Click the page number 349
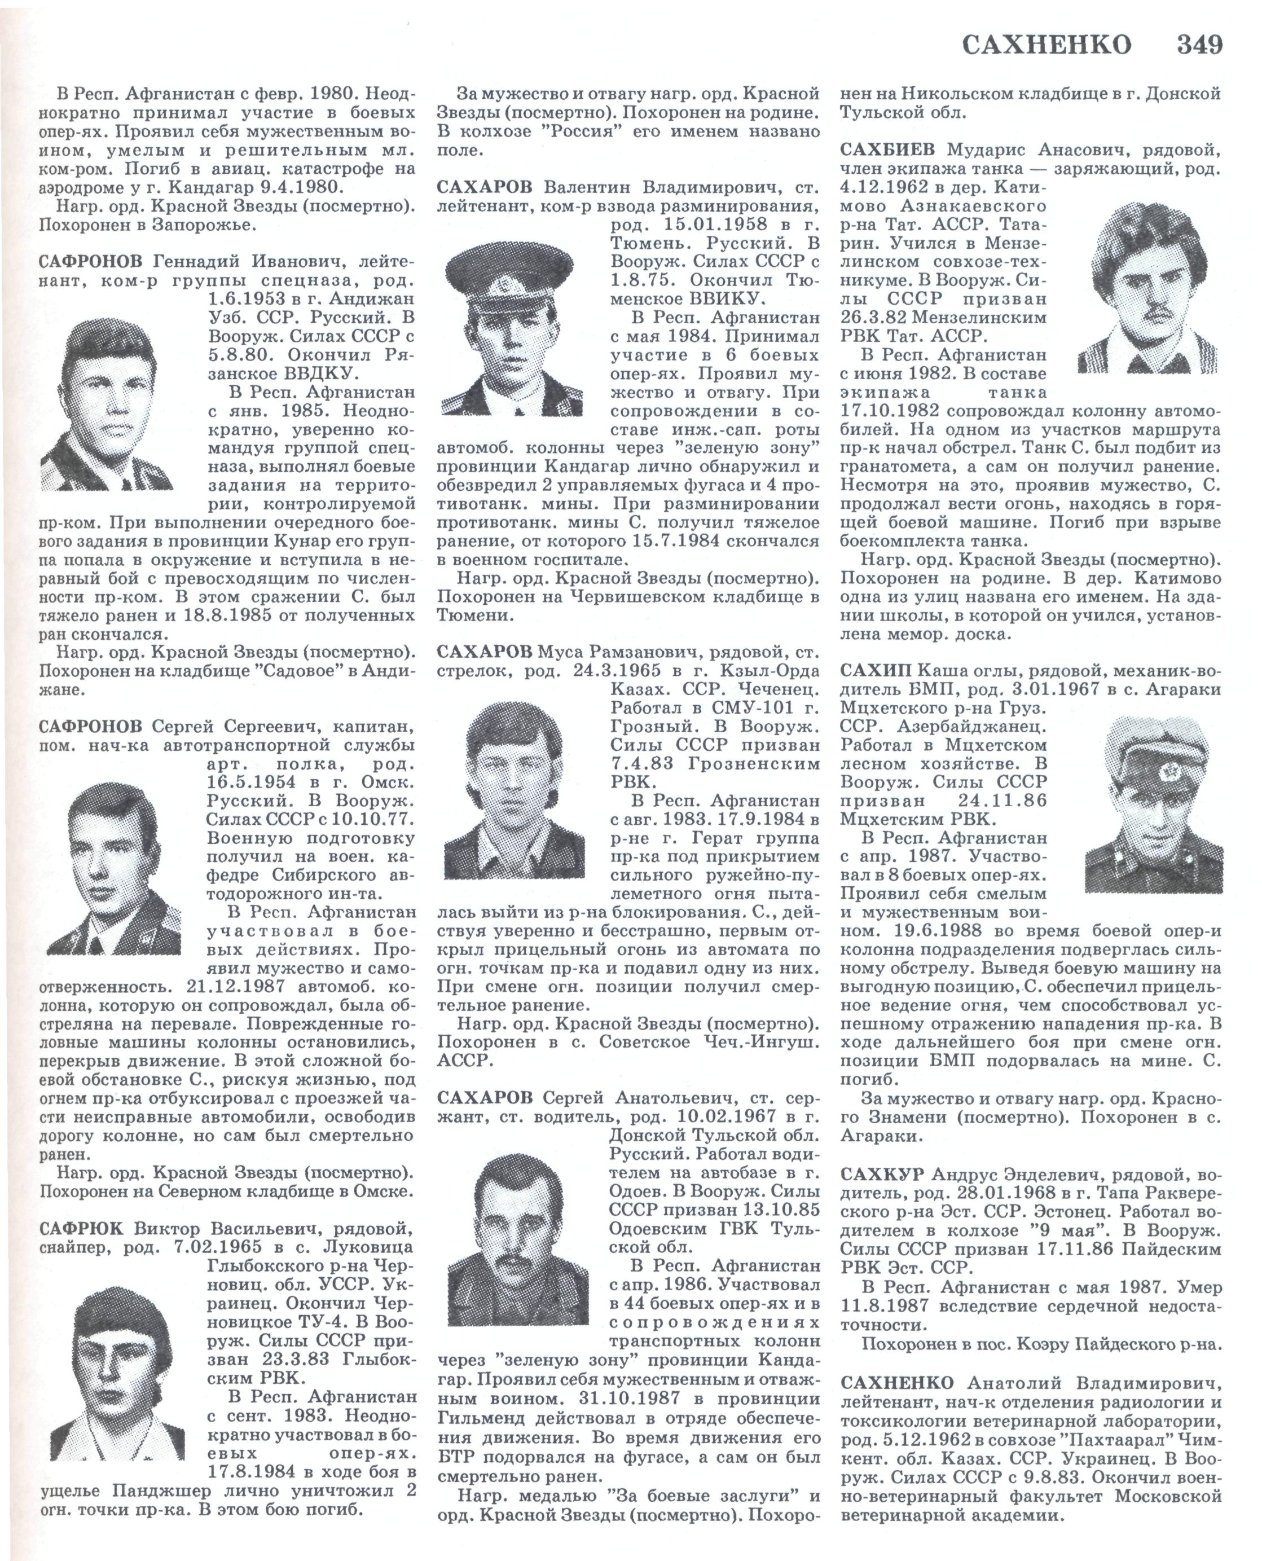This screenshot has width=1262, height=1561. pos(1200,45)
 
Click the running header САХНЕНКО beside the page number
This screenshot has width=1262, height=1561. pos(1047,45)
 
